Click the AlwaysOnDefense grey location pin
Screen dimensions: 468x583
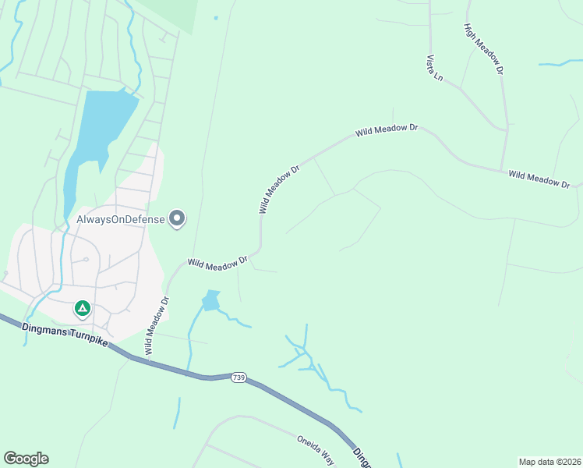178,219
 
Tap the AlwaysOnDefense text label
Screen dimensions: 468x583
121,219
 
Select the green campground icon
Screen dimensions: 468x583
82,309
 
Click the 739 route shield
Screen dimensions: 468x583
238,378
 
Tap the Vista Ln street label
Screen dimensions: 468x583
434,68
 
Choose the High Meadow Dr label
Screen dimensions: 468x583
484,48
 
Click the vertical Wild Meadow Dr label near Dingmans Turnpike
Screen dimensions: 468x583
157,324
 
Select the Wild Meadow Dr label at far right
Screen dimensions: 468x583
539,178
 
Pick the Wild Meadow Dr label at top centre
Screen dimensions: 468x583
387,130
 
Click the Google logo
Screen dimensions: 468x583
26,459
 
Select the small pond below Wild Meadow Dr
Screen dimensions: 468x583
211,300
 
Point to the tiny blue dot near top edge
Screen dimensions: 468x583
216,17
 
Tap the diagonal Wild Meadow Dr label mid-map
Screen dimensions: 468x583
279,189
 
